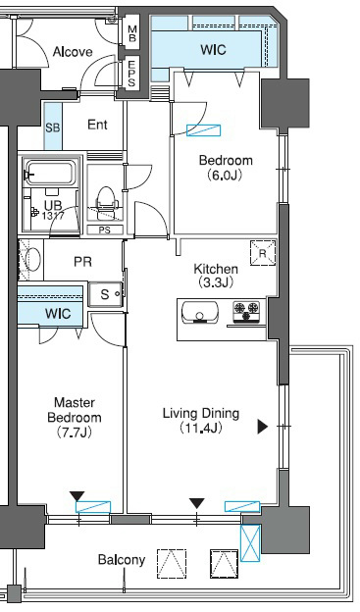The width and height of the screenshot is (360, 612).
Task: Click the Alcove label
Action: pos(73,52)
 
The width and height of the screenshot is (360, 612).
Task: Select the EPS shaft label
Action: pos(132,74)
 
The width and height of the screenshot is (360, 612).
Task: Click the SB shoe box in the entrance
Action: pos(53,127)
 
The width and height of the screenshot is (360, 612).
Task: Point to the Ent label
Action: pos(97,125)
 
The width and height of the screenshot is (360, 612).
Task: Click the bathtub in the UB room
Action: pos(49,174)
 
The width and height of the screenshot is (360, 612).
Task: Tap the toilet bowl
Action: pos(106,199)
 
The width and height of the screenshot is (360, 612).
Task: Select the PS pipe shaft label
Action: pos(105,229)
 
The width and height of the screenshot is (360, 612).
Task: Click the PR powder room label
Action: pos(82,262)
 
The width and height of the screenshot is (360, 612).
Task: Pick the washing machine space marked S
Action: pos(105,294)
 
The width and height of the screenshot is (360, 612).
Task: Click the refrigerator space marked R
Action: pos(263,253)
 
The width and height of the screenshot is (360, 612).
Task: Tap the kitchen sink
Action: pos(200,313)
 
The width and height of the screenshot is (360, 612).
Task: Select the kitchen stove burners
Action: pos(246,312)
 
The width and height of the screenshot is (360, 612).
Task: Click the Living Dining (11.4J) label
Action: pos(201,421)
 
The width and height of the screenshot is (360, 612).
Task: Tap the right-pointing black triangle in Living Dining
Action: pos(263,427)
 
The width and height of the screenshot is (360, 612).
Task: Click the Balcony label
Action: pos(122,560)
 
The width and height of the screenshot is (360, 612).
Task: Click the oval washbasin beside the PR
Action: pos(32,259)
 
